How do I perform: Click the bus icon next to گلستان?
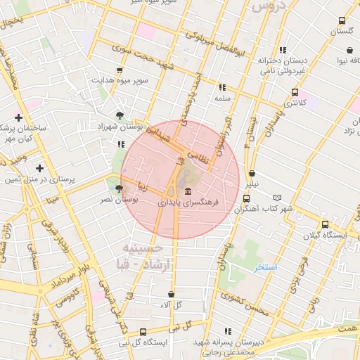coord(342,20)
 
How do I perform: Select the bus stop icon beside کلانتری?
coord(294,92)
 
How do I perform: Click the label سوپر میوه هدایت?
coord(120,81)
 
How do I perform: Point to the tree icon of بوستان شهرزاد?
coord(120,115)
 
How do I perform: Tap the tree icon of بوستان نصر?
coord(118,189)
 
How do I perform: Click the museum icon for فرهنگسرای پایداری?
coord(187,192)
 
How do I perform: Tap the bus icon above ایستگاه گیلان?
coord(324,224)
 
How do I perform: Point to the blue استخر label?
coord(266,268)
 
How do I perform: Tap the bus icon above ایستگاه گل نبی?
coord(143,332)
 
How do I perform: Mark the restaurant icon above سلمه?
coord(222,88)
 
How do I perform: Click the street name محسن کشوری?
coord(243,304)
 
